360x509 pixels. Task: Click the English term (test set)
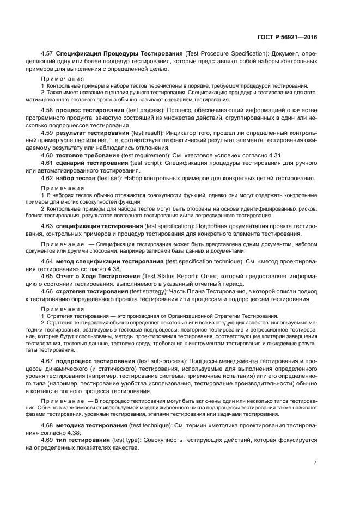point(109,178)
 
